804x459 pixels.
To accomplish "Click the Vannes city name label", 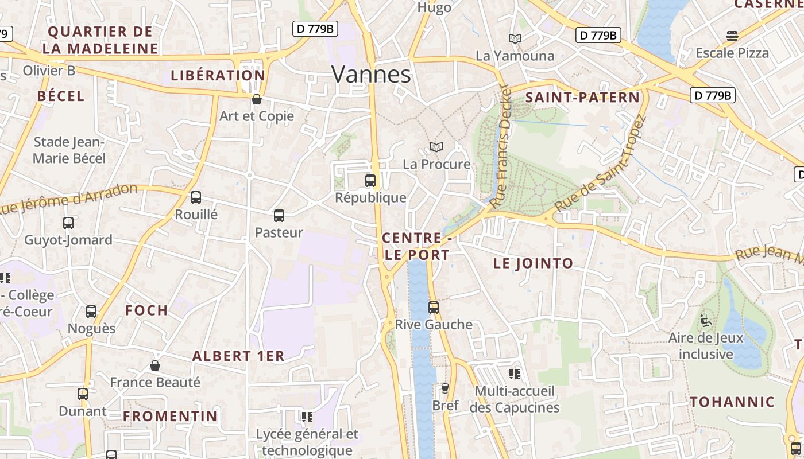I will click(x=371, y=75).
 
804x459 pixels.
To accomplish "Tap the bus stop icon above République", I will click(x=370, y=181).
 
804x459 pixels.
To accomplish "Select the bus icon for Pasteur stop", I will click(x=279, y=216).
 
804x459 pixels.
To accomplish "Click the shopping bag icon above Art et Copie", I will click(x=257, y=99).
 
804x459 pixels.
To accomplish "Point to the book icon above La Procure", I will click(x=436, y=147).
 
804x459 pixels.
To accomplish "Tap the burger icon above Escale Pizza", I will click(x=732, y=36).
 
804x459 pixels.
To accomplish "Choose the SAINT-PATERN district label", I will click(x=582, y=98).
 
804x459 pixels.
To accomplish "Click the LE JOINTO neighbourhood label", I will click(x=533, y=263).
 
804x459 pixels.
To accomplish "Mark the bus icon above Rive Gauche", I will click(x=434, y=308).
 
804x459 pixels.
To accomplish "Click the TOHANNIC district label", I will click(x=732, y=402).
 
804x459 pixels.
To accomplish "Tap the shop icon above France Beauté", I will click(x=155, y=365).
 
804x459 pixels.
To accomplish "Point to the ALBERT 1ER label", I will click(x=238, y=356).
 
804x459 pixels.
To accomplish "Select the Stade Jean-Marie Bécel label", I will click(x=69, y=150).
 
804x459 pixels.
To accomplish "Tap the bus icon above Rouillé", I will click(x=196, y=197).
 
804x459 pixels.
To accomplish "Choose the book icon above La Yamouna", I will click(x=515, y=38).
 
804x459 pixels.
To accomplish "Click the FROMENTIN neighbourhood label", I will click(x=171, y=416).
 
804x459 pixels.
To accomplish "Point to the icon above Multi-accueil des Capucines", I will click(x=515, y=374).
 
